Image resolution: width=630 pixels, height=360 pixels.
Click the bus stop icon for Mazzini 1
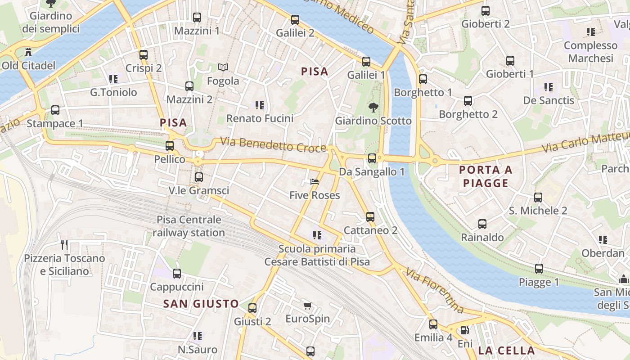point(197,18)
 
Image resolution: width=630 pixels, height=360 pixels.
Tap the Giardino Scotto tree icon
point(373,108)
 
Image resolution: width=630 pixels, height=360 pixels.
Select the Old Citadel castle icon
point(29,52)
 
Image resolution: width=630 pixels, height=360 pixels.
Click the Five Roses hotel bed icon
point(315,182)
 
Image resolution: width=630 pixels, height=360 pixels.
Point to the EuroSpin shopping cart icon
point(307,306)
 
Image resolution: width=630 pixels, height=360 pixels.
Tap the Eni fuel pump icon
point(465,330)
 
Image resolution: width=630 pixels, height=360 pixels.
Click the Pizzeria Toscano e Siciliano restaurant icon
point(64,245)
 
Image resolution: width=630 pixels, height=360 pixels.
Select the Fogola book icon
point(223,67)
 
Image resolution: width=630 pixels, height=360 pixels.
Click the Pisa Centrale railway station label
point(189,226)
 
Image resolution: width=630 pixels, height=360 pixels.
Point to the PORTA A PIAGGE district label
point(486,176)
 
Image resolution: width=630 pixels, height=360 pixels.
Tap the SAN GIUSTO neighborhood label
point(201,304)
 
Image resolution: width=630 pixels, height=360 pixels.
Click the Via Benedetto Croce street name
point(273,145)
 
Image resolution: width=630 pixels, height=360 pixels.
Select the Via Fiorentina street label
point(434,290)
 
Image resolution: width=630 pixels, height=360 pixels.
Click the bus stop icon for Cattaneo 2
point(370,217)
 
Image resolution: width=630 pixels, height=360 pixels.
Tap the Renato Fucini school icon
point(260,105)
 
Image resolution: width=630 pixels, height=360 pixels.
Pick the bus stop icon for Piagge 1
point(539,269)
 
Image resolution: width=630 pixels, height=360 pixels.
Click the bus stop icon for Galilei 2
point(295,19)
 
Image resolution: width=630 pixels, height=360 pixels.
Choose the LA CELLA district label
point(506,351)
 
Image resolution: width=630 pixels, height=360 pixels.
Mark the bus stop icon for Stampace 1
point(55,110)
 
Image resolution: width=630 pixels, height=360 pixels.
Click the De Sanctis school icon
point(548,87)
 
